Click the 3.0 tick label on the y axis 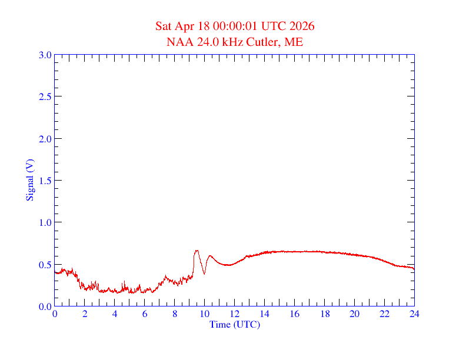point(45,55)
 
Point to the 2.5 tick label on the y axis point(45,96)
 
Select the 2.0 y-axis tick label point(45,139)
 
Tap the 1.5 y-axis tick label point(45,181)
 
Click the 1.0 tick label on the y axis point(45,222)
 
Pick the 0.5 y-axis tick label point(45,265)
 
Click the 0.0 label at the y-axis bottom point(45,306)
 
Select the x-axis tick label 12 point(234,314)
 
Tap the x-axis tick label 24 point(414,314)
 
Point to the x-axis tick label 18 point(324,314)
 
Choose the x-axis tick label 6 point(145,314)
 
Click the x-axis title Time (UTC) point(234,324)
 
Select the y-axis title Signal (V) point(30,180)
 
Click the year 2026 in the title point(302,26)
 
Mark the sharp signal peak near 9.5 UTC point(197,251)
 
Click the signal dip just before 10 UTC point(204,274)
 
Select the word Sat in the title point(164,26)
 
